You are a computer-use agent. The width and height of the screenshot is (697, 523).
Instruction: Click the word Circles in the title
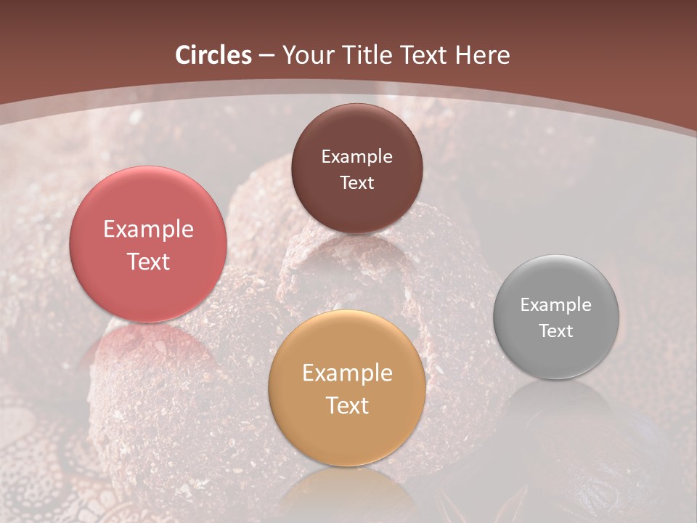tap(213, 55)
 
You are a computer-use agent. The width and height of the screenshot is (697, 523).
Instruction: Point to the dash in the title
tap(266, 56)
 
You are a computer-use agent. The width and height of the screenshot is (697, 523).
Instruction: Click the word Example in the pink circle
tap(148, 230)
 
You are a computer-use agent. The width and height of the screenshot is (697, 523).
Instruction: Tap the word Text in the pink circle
tap(148, 261)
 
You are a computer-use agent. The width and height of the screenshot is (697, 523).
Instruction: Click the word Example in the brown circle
tap(356, 157)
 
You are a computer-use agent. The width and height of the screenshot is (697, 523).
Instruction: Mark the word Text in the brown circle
tap(356, 182)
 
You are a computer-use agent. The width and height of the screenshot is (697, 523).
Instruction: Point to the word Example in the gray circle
tap(555, 305)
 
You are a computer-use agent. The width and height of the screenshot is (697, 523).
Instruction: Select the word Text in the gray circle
tap(555, 331)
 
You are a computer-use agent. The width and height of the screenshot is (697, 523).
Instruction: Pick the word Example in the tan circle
tap(346, 373)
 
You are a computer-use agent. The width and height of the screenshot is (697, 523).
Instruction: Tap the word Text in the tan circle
tap(346, 405)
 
